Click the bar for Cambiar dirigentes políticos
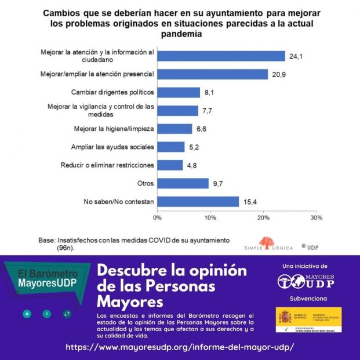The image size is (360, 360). pyautogui.click(x=179, y=93)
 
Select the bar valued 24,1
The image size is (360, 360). pyautogui.click(x=221, y=56)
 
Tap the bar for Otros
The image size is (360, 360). pyautogui.click(x=183, y=183)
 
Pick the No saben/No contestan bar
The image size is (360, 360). pyautogui.click(x=198, y=201)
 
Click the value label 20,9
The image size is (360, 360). pyautogui.click(x=279, y=74)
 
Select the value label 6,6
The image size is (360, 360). pyautogui.click(x=202, y=129)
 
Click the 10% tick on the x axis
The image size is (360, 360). pyautogui.click(x=210, y=218)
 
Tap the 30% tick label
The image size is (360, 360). pyautogui.click(x=316, y=218)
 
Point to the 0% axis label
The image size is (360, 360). pyautogui.click(x=157, y=218)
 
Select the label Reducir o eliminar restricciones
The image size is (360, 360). pyautogui.click(x=107, y=165)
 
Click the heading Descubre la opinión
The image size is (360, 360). pyautogui.click(x=172, y=271)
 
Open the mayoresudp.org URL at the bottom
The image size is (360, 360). pyautogui.click(x=180, y=347)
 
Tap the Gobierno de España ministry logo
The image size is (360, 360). pyautogui.click(x=308, y=319)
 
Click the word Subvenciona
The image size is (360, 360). pyautogui.click(x=308, y=299)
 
